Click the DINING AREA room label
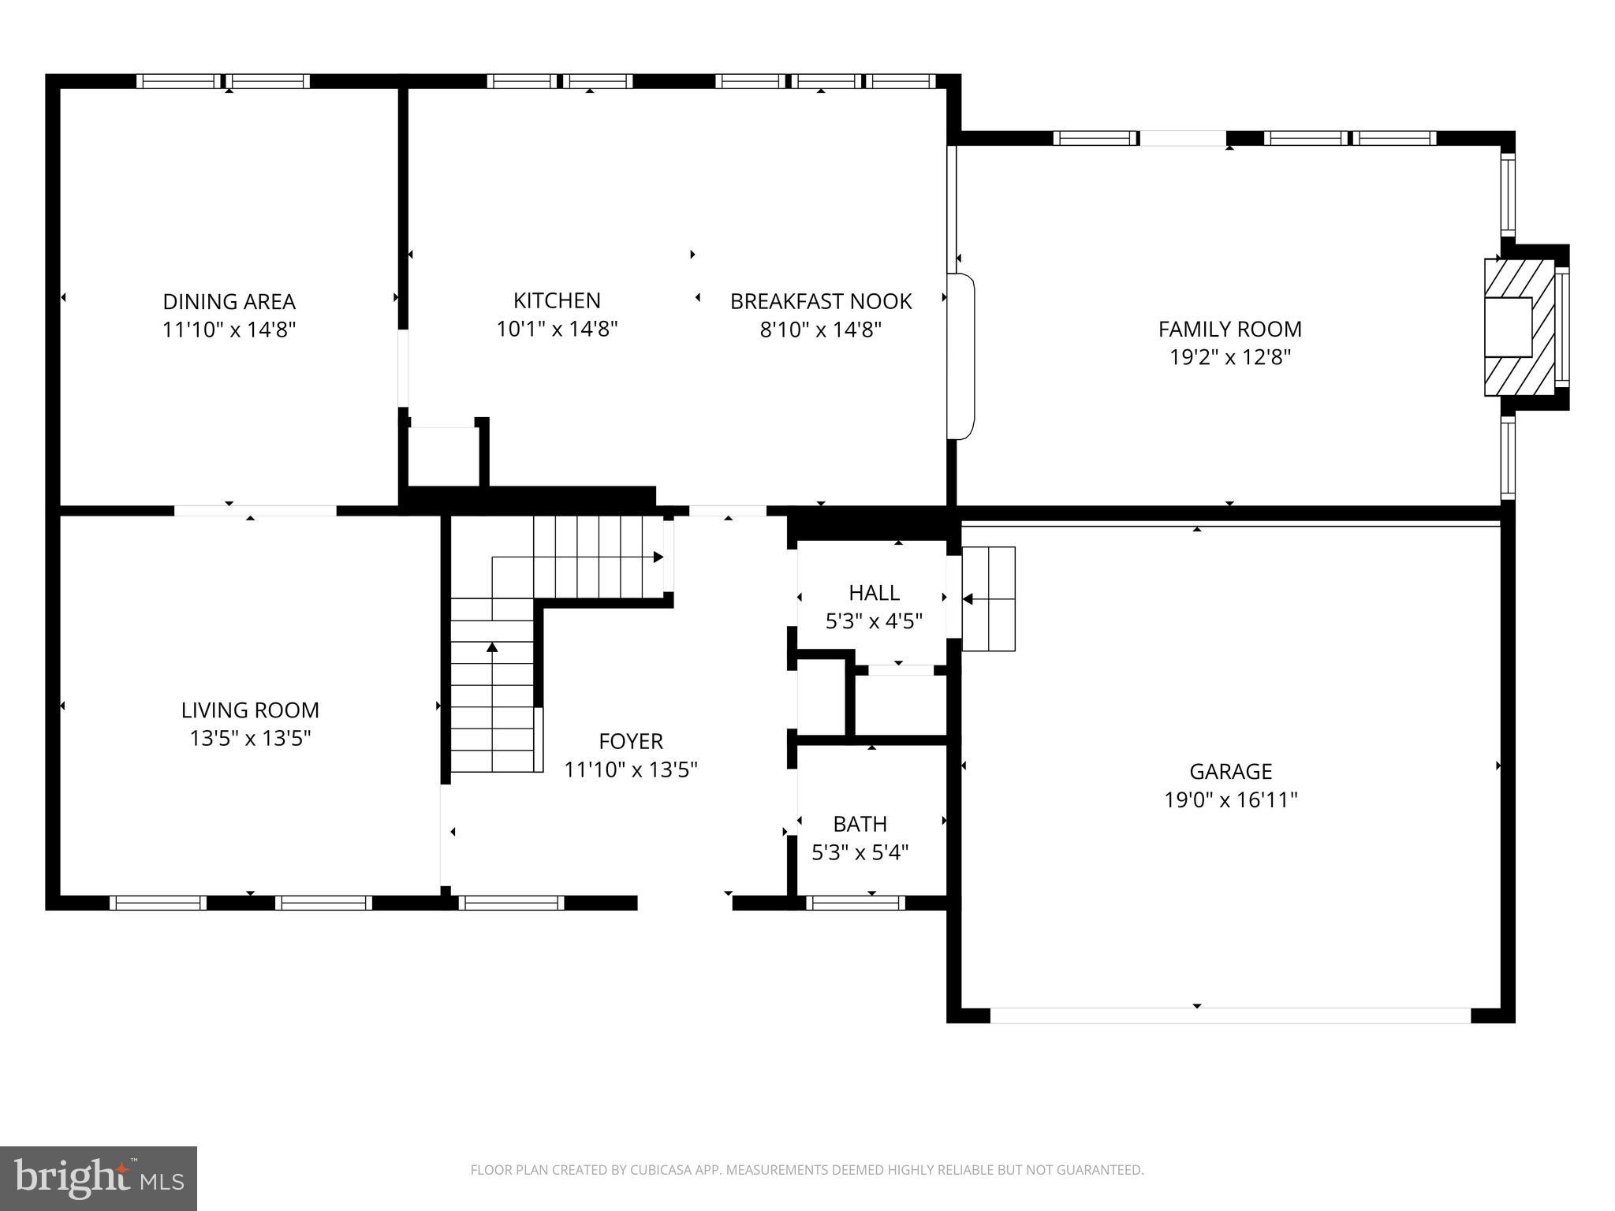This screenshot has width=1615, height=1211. (x=229, y=302)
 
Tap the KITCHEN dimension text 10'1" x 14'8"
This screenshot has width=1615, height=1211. (x=557, y=329)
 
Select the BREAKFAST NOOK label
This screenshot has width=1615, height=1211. (x=820, y=301)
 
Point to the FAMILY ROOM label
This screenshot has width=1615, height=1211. (x=1229, y=329)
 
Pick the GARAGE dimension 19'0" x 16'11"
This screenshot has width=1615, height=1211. (x=1230, y=800)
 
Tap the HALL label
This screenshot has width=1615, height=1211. (x=874, y=593)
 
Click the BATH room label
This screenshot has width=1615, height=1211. (x=860, y=824)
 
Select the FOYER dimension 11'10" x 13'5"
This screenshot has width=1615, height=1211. (x=630, y=769)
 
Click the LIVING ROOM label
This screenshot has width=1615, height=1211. (x=250, y=710)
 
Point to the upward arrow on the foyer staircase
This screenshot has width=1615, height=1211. (x=492, y=648)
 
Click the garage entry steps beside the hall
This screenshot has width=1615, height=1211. (x=988, y=599)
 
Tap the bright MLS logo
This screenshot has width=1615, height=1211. (x=99, y=1179)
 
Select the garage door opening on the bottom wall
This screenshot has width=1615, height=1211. (x=1230, y=1015)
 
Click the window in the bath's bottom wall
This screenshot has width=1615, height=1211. (x=855, y=903)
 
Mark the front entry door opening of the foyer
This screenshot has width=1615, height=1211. (x=684, y=903)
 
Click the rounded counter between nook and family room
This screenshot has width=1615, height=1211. (x=961, y=356)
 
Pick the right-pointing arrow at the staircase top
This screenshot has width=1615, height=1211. (x=658, y=557)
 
